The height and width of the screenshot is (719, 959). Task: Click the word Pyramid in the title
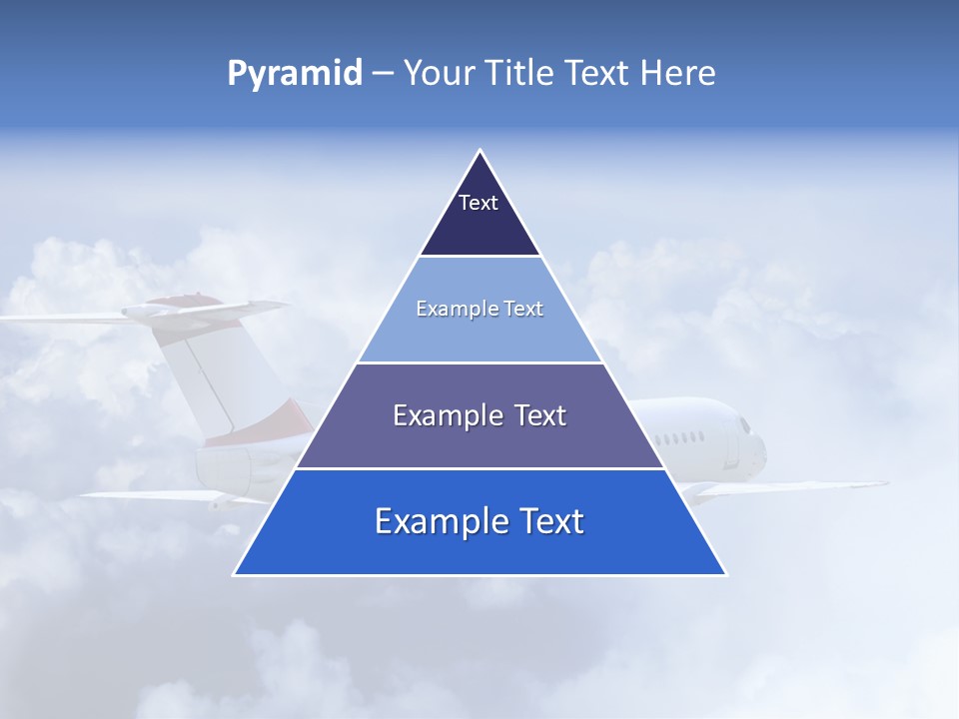[295, 73]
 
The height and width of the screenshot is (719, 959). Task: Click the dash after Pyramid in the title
[383, 74]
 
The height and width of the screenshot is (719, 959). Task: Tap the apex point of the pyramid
[480, 152]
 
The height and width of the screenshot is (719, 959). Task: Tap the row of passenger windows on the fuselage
[685, 438]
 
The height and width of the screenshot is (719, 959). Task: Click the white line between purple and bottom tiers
[479, 468]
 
